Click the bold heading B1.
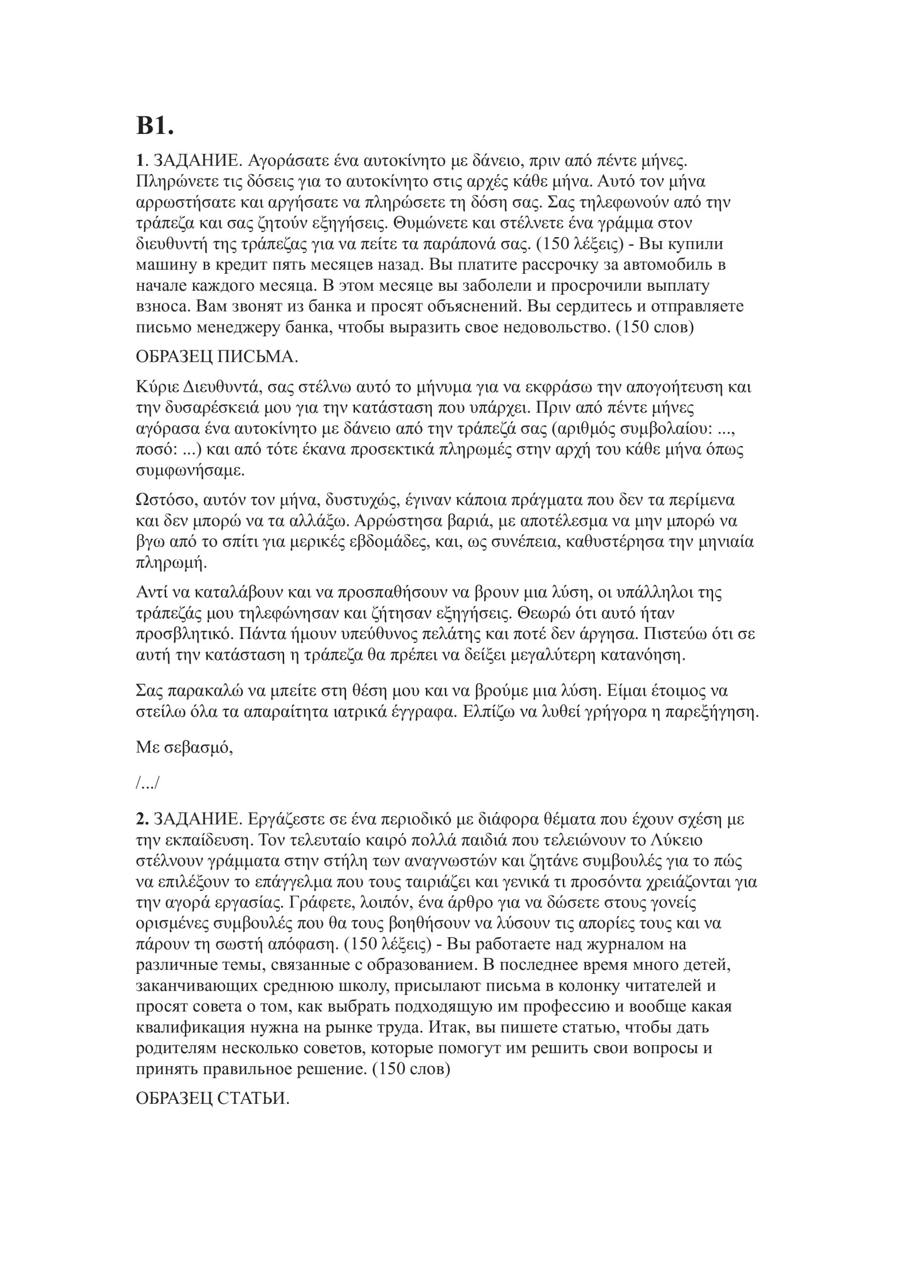(x=155, y=127)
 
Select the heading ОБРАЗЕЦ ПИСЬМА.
(x=217, y=357)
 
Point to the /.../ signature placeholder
(x=147, y=783)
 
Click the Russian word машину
(x=168, y=264)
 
